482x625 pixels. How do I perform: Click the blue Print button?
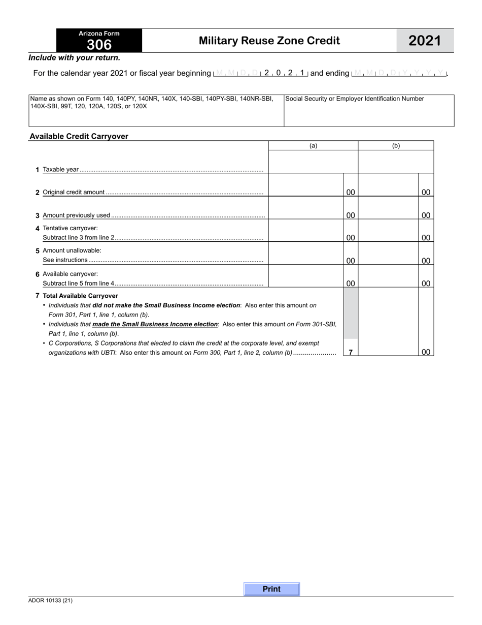(x=271, y=589)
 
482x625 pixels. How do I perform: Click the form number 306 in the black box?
(x=99, y=45)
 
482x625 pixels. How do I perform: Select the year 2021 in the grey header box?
(x=425, y=41)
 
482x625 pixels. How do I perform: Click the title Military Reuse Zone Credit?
(x=269, y=41)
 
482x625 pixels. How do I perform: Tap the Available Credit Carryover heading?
(x=79, y=136)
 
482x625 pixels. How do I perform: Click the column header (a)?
(x=313, y=146)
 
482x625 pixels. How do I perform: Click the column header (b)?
(x=396, y=146)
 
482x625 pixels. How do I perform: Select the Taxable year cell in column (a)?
(x=313, y=163)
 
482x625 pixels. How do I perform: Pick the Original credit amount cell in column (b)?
(x=388, y=185)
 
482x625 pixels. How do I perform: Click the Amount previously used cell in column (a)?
(x=306, y=208)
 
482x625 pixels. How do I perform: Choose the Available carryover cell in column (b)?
(x=388, y=276)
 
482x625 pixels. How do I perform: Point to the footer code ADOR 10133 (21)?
(x=50, y=601)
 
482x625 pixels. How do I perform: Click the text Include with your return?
(x=74, y=58)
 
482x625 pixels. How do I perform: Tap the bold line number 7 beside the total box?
(x=350, y=352)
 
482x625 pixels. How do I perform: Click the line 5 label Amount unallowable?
(x=72, y=251)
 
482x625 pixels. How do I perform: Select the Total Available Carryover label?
(x=80, y=296)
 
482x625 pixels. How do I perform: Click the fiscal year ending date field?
(x=399, y=73)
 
